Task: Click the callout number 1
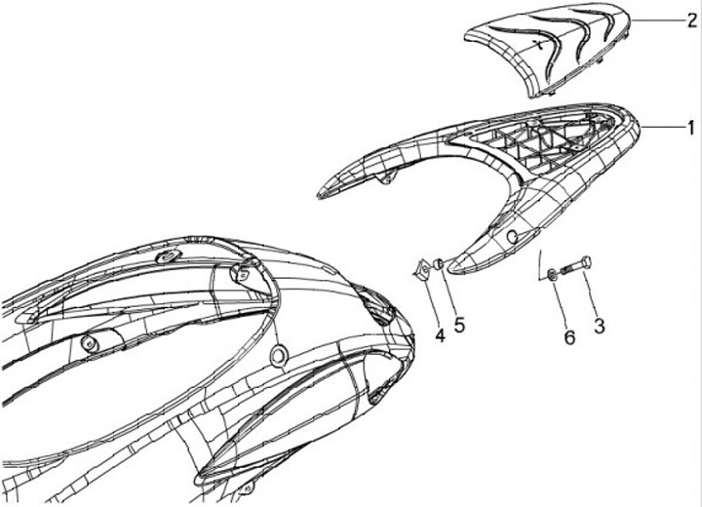pyautogui.click(x=689, y=127)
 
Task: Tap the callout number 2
pyautogui.click(x=689, y=20)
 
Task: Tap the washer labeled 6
pyautogui.click(x=553, y=274)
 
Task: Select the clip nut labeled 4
pyautogui.click(x=422, y=269)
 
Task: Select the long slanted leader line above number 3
pyautogui.click(x=540, y=263)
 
